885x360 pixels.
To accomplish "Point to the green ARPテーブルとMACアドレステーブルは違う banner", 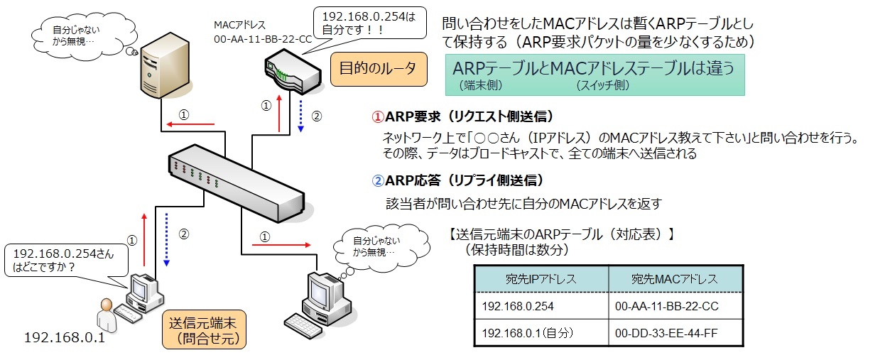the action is click(x=594, y=75).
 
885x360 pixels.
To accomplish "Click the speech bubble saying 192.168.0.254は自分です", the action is click(x=369, y=25).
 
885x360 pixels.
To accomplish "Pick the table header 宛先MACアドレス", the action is click(x=674, y=278).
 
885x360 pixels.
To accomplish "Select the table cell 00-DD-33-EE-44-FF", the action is click(x=674, y=332).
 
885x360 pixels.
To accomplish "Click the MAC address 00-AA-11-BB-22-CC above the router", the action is click(x=263, y=40).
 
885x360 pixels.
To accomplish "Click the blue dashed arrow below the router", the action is click(x=301, y=116).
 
